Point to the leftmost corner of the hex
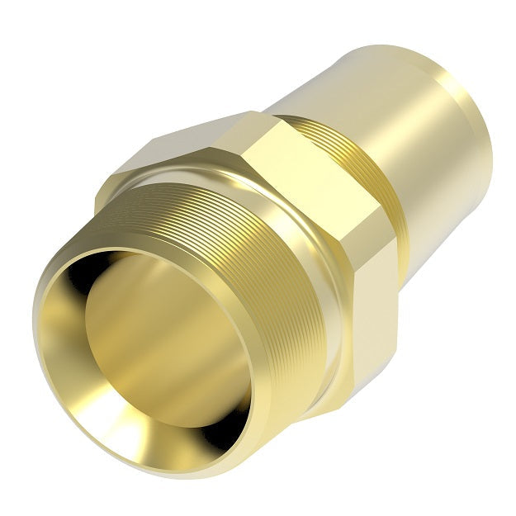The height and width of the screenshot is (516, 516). tap(96, 198)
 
